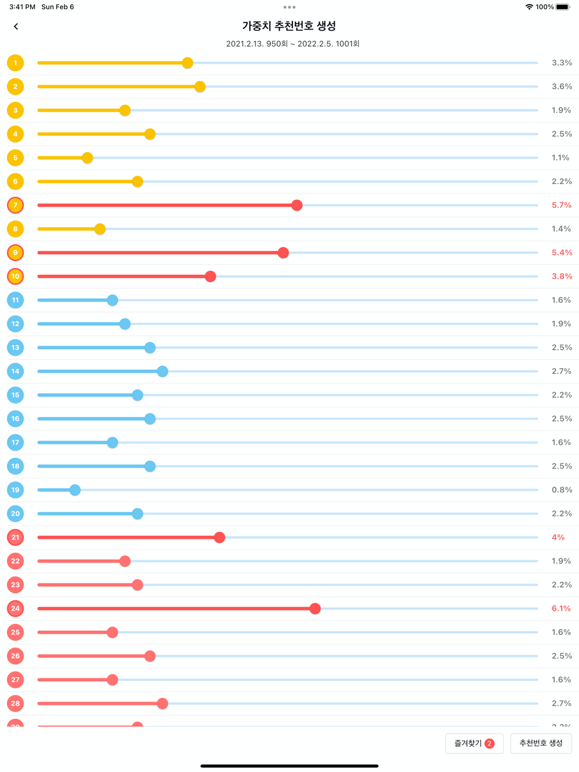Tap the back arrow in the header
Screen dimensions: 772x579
16,27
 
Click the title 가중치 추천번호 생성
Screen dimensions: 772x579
289,26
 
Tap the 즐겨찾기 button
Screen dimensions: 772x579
474,744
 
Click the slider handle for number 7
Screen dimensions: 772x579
297,205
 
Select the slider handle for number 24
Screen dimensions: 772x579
315,609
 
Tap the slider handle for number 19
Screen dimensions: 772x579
75,490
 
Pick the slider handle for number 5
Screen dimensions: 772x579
87,158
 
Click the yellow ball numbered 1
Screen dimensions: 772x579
16,63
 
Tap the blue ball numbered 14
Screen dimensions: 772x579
16,372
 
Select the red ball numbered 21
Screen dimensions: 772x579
16,538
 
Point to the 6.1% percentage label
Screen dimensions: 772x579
561,609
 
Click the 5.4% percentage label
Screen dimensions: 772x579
562,253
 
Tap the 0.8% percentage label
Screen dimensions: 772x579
562,490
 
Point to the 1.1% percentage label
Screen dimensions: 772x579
560,158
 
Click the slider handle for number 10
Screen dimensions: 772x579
211,277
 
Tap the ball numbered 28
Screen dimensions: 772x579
16,704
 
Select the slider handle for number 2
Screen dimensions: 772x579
200,87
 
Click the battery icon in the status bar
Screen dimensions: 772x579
563,7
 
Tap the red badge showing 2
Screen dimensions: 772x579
490,744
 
